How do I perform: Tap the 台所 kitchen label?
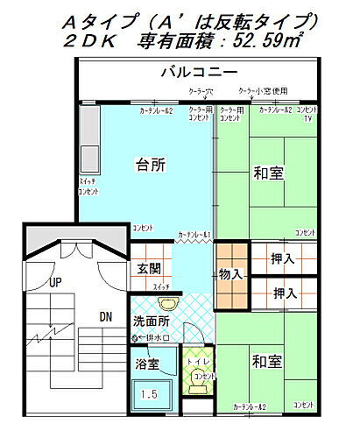pyautogui.click(x=152, y=164)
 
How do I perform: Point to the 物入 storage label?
pyautogui.click(x=230, y=274)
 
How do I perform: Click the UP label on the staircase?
pyautogui.click(x=55, y=282)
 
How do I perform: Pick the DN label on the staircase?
pyautogui.click(x=104, y=316)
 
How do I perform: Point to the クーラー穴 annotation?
pyautogui.click(x=203, y=90)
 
